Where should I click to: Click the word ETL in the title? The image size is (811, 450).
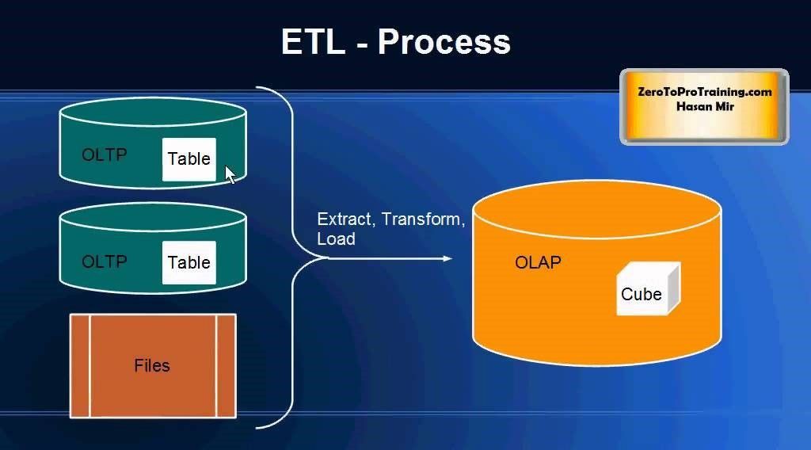[314, 41]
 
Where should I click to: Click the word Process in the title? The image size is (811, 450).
[444, 42]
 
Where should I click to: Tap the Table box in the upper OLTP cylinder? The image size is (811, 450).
[189, 159]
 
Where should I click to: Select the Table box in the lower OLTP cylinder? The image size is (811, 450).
[189, 263]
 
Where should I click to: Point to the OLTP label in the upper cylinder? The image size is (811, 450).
[105, 154]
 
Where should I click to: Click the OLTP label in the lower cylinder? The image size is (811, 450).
[105, 261]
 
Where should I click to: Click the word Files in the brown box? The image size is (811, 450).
[152, 366]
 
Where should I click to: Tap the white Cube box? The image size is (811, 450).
[648, 288]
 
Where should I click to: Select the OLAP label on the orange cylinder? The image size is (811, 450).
[538, 262]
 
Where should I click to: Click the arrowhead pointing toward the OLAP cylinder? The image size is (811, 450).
[447, 258]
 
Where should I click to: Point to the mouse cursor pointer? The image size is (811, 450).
[230, 174]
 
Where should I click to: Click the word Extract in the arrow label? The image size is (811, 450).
[345, 219]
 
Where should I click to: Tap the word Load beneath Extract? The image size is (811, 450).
[336, 239]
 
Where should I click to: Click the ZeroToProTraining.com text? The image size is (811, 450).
[704, 92]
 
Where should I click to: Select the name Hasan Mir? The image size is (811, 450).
[705, 106]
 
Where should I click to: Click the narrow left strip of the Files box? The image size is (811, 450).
[80, 366]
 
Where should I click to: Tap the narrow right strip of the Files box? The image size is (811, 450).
[226, 366]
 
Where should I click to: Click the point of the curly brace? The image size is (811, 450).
[327, 257]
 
